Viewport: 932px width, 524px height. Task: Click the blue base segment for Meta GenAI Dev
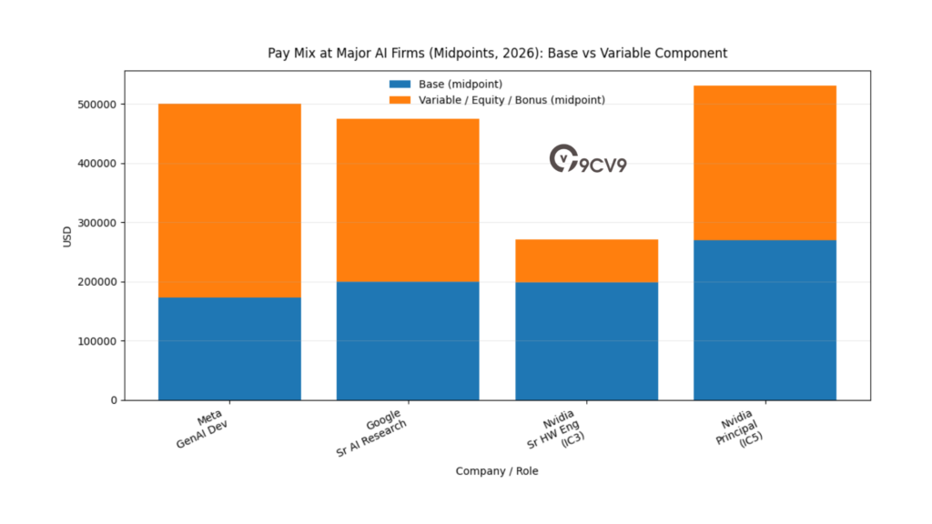tap(229, 348)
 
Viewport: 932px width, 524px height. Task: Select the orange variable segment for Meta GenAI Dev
tap(229, 200)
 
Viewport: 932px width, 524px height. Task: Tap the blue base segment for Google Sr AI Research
tap(408, 340)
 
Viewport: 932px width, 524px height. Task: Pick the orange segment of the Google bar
tap(408, 200)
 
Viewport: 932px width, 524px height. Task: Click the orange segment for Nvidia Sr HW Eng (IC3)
tap(586, 260)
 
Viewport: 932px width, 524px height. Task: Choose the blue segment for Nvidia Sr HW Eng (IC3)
tap(586, 340)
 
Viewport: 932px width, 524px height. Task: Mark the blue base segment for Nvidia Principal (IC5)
tap(765, 319)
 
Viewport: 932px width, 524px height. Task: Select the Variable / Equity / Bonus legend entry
tap(496, 99)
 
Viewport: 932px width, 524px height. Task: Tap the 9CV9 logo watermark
tap(587, 159)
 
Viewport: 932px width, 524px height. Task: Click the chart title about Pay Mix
tap(497, 54)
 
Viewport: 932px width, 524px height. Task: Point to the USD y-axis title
tap(67, 236)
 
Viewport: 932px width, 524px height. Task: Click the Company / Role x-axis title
tap(497, 471)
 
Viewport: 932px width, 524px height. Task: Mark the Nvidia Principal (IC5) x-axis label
tap(739, 433)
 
